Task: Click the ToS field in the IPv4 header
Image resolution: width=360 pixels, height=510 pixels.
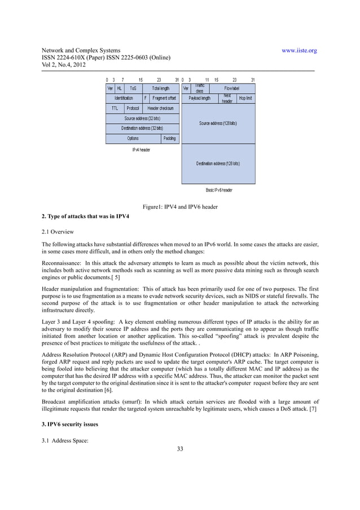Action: click(133, 89)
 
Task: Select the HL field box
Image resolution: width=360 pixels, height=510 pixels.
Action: click(120, 89)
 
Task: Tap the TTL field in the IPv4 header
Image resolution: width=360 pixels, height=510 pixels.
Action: click(115, 108)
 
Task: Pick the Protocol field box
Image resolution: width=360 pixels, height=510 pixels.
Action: click(133, 108)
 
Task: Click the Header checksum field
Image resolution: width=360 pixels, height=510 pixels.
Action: click(160, 108)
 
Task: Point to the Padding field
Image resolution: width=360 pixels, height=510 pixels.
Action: click(169, 138)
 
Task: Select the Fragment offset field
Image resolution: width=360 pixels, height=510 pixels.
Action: click(164, 98)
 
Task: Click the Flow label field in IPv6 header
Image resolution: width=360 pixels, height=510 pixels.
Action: click(232, 89)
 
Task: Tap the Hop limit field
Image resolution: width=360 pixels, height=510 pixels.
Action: click(245, 98)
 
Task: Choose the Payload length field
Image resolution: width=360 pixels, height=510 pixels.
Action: click(199, 98)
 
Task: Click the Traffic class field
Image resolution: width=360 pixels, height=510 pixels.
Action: click(200, 89)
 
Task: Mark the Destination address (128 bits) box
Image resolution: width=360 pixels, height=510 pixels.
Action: click(218, 164)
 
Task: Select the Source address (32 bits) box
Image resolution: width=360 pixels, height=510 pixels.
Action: click(142, 118)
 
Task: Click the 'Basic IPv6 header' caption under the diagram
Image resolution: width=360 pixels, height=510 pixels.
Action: click(219, 190)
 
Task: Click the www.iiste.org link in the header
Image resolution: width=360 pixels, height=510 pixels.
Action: click(299, 51)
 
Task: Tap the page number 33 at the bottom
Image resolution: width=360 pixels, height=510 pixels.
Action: click(180, 449)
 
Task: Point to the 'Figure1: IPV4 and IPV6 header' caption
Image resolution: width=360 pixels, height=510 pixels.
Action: click(180, 207)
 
